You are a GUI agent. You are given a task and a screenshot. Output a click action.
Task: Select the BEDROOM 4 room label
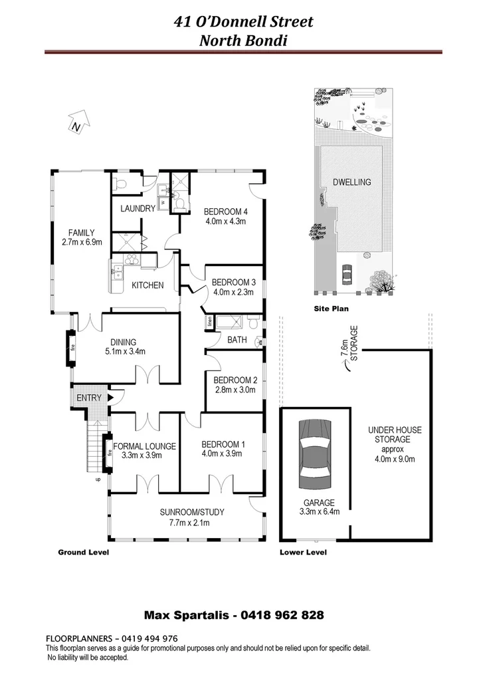(x=226, y=212)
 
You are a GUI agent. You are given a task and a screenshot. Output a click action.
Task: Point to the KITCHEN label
(x=147, y=285)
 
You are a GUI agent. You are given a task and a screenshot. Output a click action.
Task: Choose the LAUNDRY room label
(x=138, y=208)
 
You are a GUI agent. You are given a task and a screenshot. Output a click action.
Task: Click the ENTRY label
(x=89, y=398)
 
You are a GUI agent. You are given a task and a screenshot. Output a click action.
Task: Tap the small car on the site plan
(x=346, y=273)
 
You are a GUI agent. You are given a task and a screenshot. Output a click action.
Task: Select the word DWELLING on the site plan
(x=352, y=182)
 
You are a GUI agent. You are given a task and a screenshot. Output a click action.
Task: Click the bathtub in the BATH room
(x=230, y=323)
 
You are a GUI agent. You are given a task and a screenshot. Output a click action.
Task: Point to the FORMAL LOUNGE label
(x=144, y=446)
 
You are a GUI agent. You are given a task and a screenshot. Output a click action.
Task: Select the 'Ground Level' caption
(x=83, y=553)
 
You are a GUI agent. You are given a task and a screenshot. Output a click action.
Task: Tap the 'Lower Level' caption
(x=303, y=553)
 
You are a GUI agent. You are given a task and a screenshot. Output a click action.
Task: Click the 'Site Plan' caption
(x=331, y=309)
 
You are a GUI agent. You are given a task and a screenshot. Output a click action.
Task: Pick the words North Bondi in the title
(x=242, y=40)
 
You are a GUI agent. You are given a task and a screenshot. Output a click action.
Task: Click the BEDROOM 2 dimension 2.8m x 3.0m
(x=235, y=390)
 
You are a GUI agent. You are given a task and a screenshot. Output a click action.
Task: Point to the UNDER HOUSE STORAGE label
(x=394, y=435)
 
